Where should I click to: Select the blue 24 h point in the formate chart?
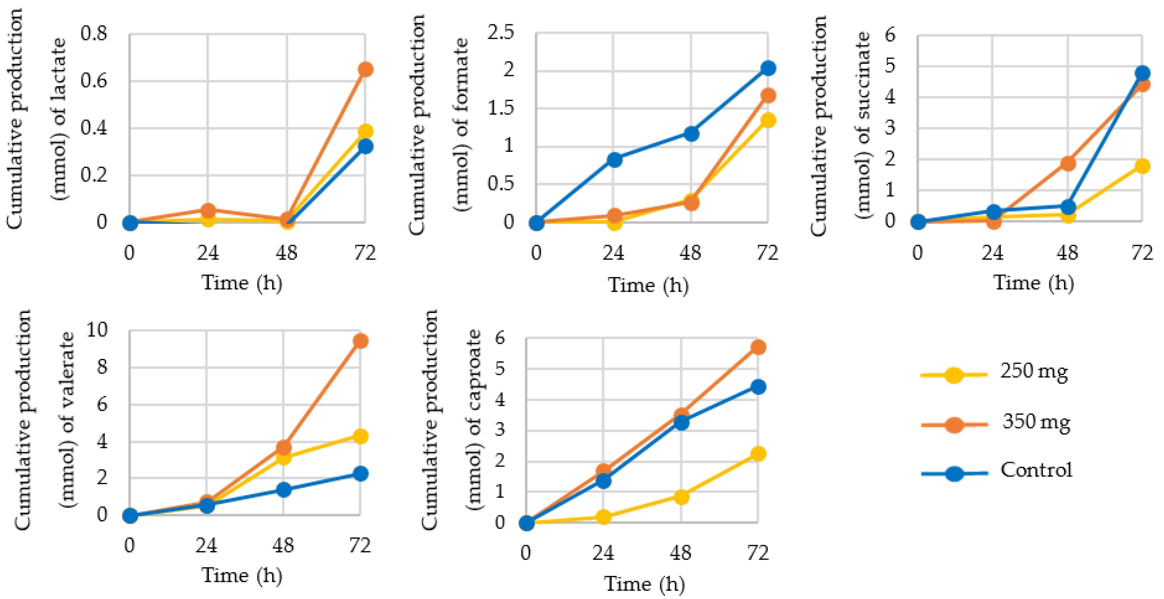point(614,159)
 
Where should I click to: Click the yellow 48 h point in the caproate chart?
point(681,497)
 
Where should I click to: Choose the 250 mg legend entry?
point(1034,371)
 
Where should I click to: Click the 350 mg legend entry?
point(1036,422)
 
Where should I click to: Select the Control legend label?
point(1036,470)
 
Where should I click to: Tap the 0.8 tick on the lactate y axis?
point(94,34)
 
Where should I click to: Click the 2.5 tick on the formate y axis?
point(501,32)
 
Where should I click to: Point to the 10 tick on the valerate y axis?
point(97,330)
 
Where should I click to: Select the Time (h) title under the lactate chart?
point(242,283)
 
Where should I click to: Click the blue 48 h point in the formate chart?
point(691,134)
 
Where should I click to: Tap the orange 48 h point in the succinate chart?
point(1068,163)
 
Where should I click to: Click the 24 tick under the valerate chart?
point(206,546)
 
